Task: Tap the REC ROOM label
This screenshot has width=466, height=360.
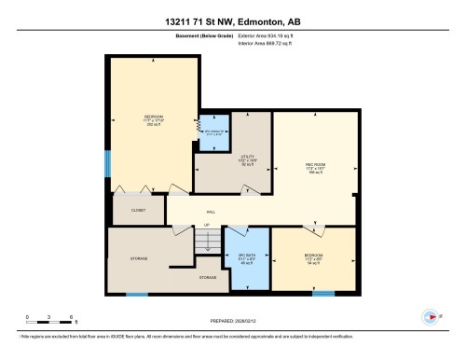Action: [x=314, y=166]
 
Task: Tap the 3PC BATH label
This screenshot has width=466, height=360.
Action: [x=247, y=258]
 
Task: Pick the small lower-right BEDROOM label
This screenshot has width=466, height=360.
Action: [x=313, y=257]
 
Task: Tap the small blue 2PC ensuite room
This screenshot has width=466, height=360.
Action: [x=213, y=132]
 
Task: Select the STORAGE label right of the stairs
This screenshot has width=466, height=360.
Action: [x=207, y=278]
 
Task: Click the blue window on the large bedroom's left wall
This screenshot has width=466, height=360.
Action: [x=108, y=163]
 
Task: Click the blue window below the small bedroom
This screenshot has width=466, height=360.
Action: [x=322, y=293]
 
